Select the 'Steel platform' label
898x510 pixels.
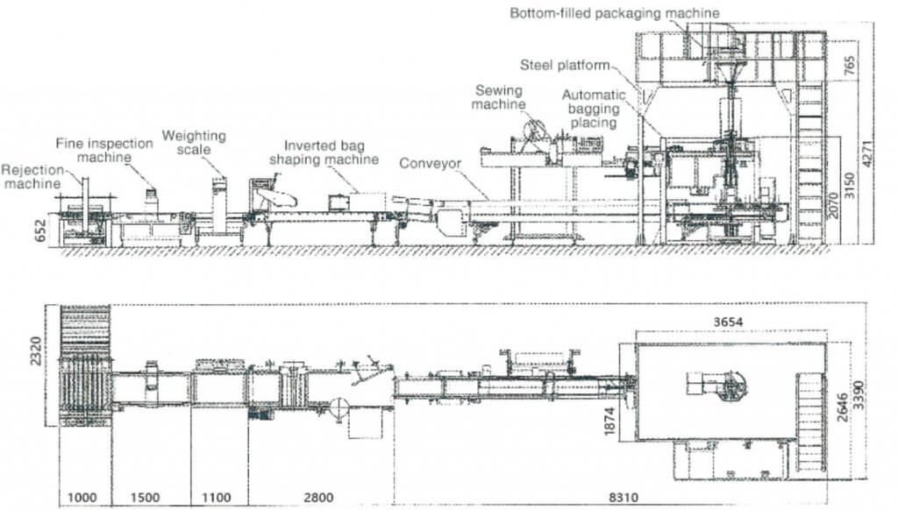(564, 65)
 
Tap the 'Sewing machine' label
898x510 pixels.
(498, 97)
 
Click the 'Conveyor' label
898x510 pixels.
(429, 164)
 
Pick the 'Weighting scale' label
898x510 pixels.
(194, 143)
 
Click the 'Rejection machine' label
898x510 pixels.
(32, 176)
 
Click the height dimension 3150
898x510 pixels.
(847, 188)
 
